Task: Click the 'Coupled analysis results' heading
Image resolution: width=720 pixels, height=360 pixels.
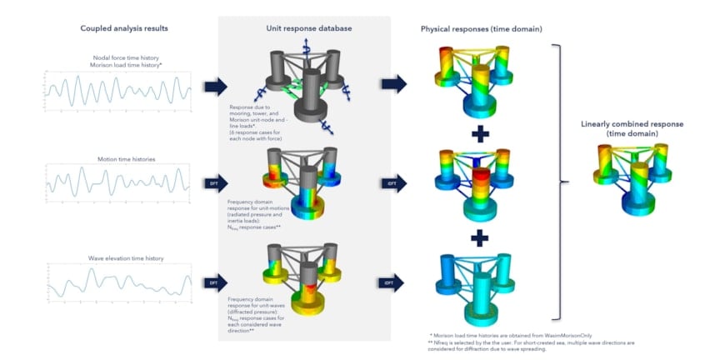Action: click(x=124, y=28)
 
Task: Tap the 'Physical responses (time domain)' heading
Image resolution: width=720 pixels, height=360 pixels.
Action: click(x=482, y=28)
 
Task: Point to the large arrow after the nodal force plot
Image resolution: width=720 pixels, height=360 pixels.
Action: click(x=215, y=85)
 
